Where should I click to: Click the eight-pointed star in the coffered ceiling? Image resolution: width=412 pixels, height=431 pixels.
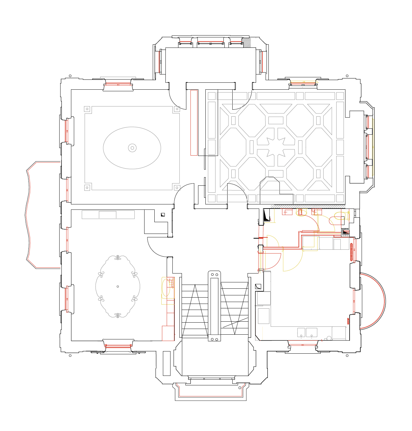pos(276,147)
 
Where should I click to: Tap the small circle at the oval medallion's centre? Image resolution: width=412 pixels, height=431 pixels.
pos(132,148)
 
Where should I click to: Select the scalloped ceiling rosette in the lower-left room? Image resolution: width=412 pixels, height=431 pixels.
pos(118,286)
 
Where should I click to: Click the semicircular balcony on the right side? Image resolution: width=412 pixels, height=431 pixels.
pos(373,301)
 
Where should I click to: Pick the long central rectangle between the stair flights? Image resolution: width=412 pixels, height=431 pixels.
pos(214,306)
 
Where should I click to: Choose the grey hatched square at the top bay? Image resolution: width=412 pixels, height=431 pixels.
pos(247,42)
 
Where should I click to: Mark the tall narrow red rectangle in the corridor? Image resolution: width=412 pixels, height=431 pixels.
pos(194,123)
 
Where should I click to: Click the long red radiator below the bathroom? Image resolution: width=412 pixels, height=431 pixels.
pos(351,252)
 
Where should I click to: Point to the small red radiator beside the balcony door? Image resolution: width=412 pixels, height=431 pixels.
pos(348,321)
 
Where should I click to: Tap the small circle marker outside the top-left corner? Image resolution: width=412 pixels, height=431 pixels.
pos(70,76)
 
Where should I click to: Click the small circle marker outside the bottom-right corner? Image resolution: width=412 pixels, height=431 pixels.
pos(347,356)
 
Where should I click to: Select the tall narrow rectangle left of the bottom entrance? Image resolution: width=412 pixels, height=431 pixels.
pos(167,363)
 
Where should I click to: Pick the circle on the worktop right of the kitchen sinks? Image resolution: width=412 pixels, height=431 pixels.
pos(329,338)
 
